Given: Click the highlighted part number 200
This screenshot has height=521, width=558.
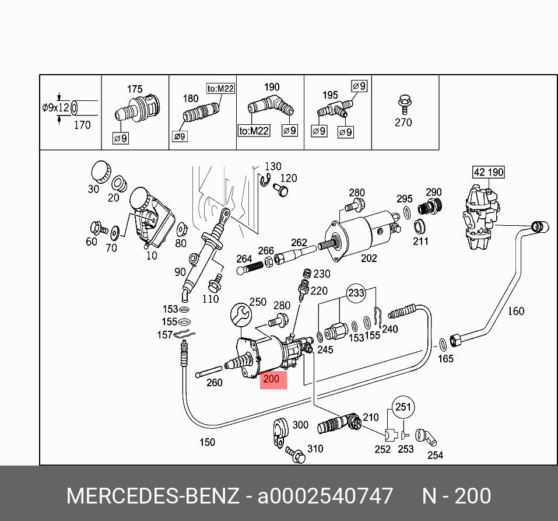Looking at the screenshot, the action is point(271,379).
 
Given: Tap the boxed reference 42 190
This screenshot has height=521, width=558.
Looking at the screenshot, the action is point(488,172).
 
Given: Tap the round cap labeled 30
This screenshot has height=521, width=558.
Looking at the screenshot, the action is point(101,170).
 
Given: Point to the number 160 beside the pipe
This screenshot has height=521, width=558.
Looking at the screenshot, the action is point(515,311).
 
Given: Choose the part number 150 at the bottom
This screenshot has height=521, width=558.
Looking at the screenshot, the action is point(207,442).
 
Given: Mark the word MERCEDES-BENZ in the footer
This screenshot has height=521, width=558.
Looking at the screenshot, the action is point(153,496).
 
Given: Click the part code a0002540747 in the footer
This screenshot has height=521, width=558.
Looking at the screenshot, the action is point(325,496).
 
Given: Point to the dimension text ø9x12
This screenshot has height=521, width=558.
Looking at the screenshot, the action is point(55,107).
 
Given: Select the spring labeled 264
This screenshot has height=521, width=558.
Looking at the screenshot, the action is point(251,268).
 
